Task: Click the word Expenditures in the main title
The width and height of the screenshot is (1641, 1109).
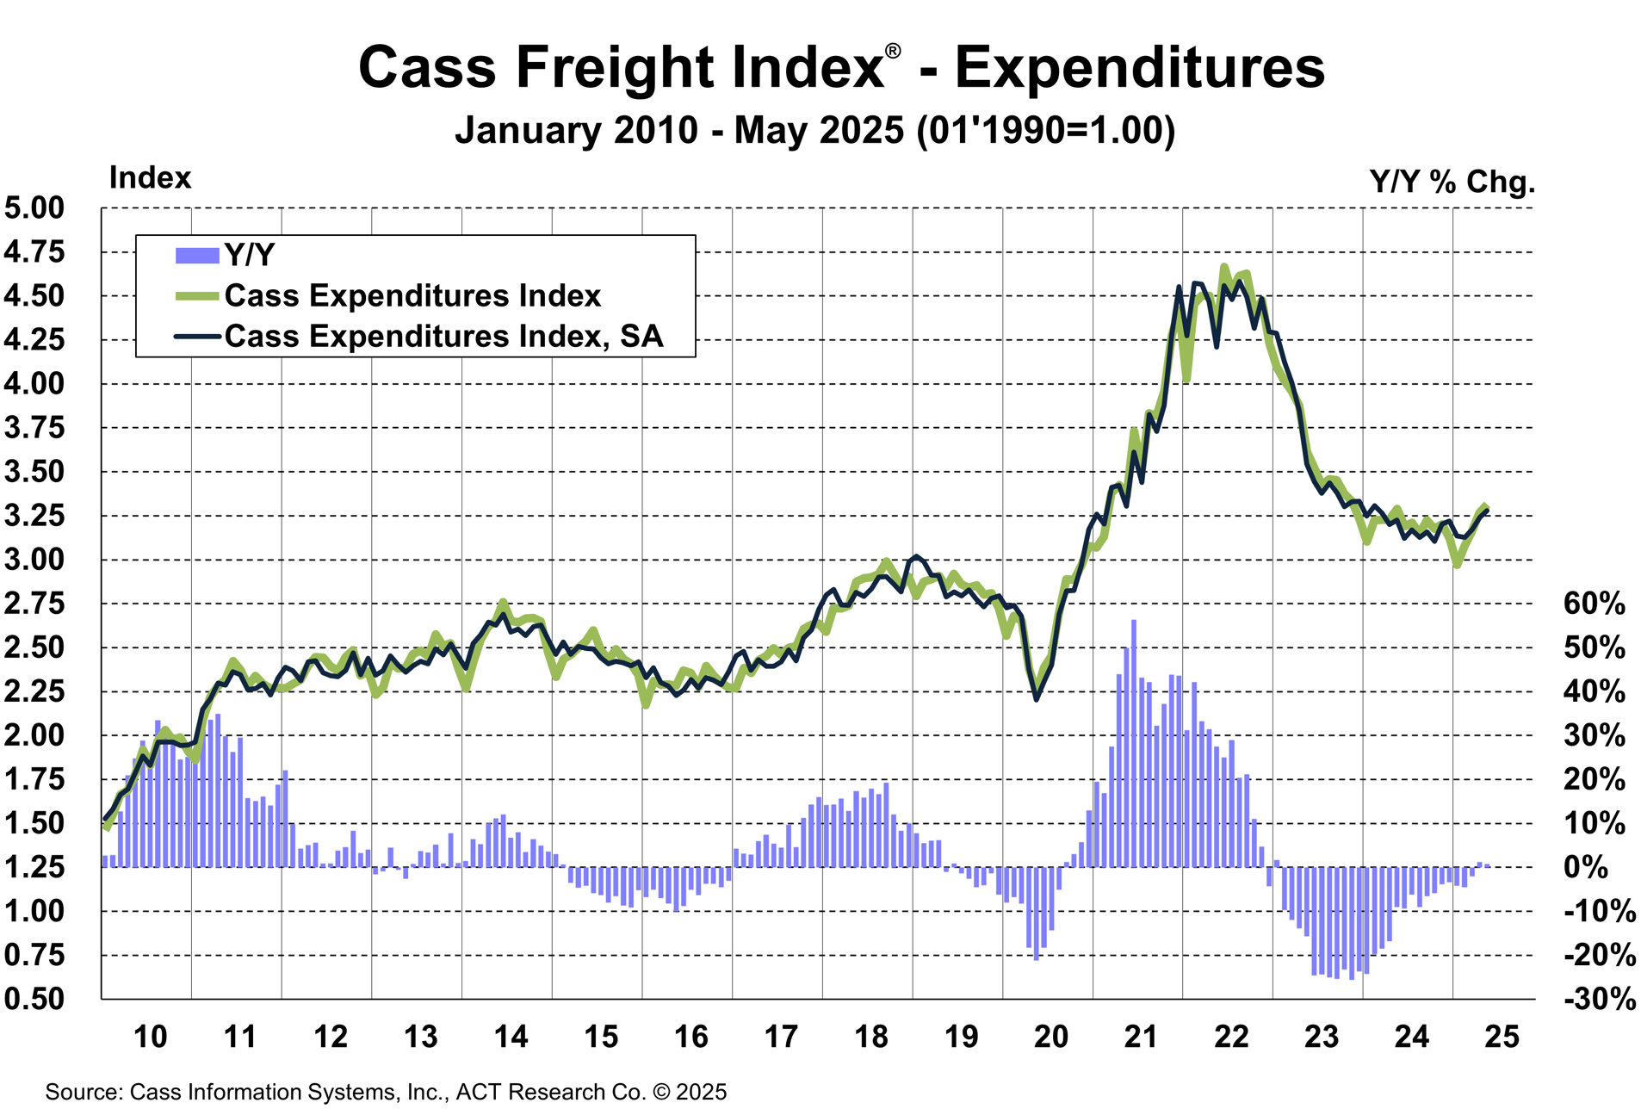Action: pyautogui.click(x=1139, y=68)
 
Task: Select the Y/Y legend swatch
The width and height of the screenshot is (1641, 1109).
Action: pyautogui.click(x=196, y=256)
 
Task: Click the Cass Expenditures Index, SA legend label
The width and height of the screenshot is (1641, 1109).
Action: pyautogui.click(x=443, y=337)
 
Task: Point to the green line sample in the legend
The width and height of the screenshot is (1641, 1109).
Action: pyautogui.click(x=196, y=296)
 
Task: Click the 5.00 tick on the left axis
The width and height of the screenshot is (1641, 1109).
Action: pyautogui.click(x=34, y=208)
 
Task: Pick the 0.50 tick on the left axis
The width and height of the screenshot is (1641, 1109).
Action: pyautogui.click(x=34, y=999)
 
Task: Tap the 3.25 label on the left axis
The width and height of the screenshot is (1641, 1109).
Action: pyautogui.click(x=34, y=516)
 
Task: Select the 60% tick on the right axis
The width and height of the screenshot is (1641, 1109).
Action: pyautogui.click(x=1594, y=604)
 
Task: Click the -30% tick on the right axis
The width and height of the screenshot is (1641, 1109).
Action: pyautogui.click(x=1599, y=999)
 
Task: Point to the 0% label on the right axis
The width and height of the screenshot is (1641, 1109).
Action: pyautogui.click(x=1585, y=867)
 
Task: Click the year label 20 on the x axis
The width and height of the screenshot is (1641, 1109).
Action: pyautogui.click(x=1050, y=1037)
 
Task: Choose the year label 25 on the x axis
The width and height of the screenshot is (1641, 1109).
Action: pyautogui.click(x=1502, y=1037)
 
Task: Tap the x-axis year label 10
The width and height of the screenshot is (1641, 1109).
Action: pyautogui.click(x=150, y=1037)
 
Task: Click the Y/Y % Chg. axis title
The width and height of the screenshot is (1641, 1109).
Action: pyautogui.click(x=1452, y=182)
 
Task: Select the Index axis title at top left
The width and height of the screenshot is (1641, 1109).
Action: pyautogui.click(x=150, y=178)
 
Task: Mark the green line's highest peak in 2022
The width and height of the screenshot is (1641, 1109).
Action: pyautogui.click(x=1223, y=268)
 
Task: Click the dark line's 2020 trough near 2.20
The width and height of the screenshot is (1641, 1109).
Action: pyautogui.click(x=1036, y=698)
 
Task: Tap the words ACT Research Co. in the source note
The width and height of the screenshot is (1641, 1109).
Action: pyautogui.click(x=551, y=1092)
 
